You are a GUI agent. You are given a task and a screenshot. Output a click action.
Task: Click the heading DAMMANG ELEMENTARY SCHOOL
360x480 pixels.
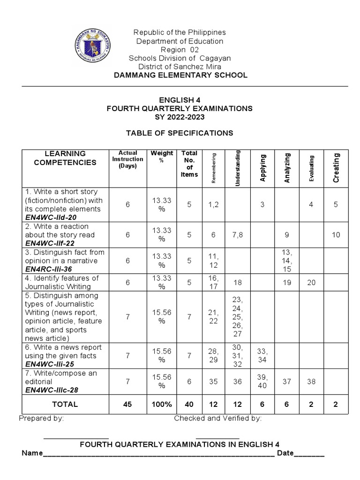point(180,75)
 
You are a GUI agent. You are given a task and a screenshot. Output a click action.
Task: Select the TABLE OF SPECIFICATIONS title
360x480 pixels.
point(180,133)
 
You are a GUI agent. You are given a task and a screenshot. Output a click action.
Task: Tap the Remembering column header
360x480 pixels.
point(214,168)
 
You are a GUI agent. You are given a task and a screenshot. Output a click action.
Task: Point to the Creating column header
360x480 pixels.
point(336,168)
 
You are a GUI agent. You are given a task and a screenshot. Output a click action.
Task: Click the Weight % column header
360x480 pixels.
point(162,157)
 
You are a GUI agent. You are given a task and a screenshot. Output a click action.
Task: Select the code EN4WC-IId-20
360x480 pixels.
point(50,217)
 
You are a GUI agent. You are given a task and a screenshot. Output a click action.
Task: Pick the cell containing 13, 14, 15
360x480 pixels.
point(286,261)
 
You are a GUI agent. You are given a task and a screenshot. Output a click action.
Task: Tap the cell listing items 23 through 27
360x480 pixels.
point(238,316)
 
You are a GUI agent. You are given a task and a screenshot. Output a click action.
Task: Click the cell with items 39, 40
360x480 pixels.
point(262,381)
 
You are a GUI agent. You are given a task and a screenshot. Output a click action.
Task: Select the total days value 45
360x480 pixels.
point(127,404)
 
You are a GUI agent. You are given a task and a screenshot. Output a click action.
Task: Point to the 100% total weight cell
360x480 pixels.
point(162,404)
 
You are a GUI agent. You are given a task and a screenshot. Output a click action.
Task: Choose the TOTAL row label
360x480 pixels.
point(65,404)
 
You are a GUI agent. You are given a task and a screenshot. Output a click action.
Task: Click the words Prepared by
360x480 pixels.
point(41,419)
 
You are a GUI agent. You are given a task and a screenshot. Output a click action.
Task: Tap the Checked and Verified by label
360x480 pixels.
point(218,419)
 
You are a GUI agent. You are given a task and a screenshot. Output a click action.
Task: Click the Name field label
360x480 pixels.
point(32,454)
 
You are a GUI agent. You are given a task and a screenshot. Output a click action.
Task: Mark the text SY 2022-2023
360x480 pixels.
point(180,117)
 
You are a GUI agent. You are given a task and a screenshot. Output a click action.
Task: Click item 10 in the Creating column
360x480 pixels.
point(336,235)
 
